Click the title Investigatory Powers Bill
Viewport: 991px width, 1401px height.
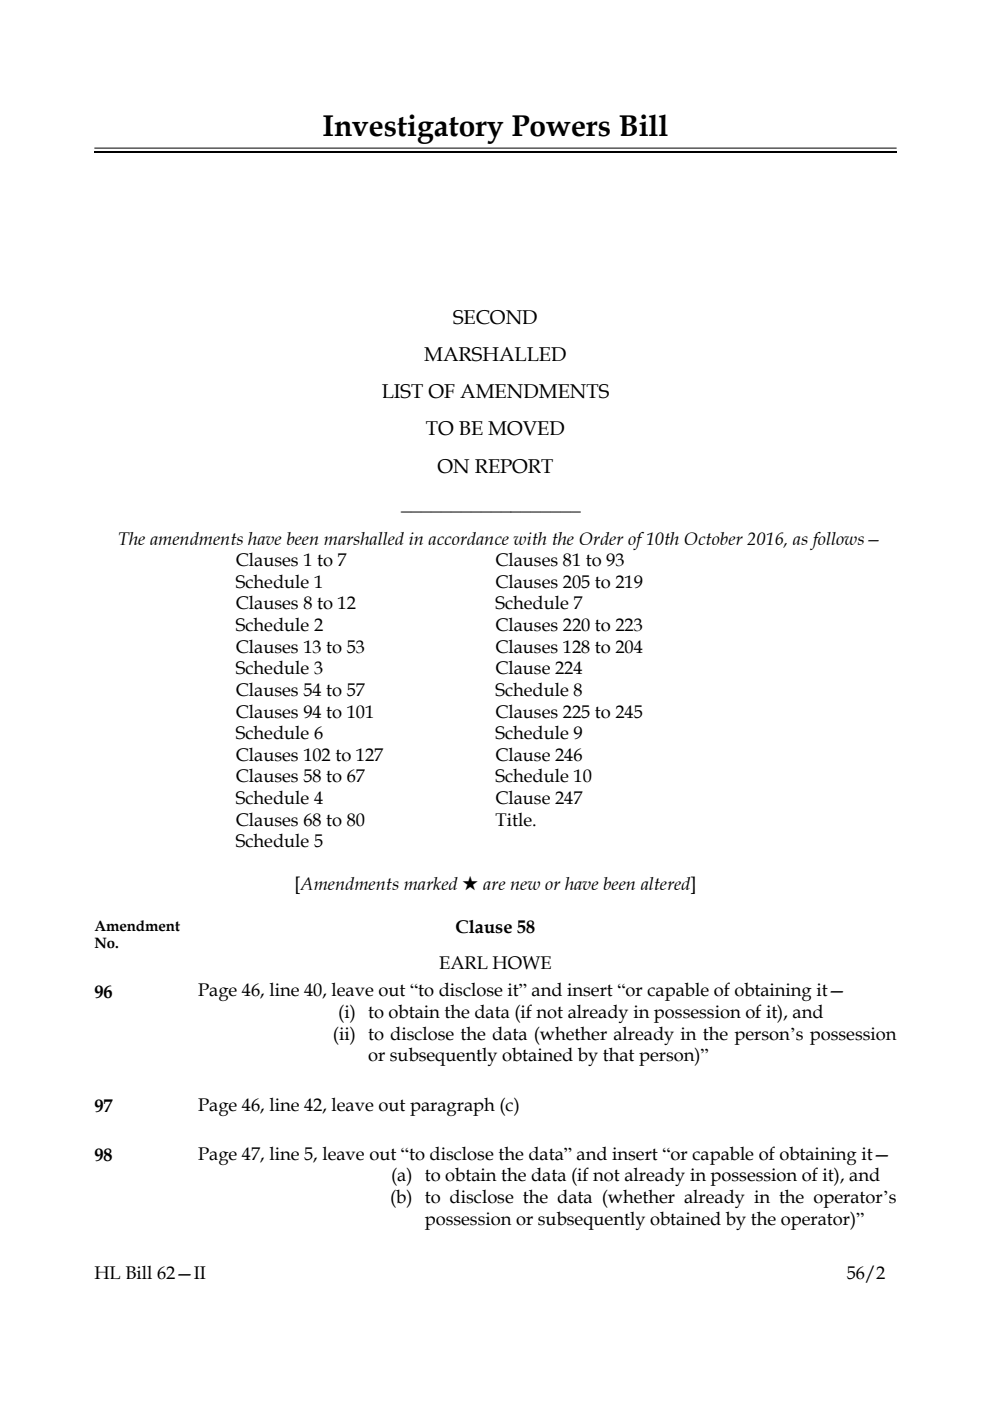coord(495,127)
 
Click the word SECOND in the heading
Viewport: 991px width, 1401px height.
coord(495,318)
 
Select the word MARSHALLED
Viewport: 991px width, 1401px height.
coord(495,355)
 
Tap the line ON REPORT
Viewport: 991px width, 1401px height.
coord(495,466)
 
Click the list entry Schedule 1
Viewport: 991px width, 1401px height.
coord(279,582)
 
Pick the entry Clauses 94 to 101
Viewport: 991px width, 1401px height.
coord(304,712)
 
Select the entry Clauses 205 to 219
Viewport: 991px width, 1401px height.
coord(569,582)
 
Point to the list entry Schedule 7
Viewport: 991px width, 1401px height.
coord(538,603)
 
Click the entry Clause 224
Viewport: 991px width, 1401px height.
coord(538,668)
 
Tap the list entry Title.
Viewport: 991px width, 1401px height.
coord(515,820)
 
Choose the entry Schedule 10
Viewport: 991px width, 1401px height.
coord(543,776)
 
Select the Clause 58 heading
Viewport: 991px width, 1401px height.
coord(495,927)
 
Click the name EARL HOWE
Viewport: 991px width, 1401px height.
coord(495,963)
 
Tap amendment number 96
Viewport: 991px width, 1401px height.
coord(103,992)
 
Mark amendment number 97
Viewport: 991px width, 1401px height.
coord(103,1106)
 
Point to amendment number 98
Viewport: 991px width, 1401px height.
coord(103,1156)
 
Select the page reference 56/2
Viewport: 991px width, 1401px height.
coord(866,1274)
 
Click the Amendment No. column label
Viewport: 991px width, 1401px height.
coord(137,934)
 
